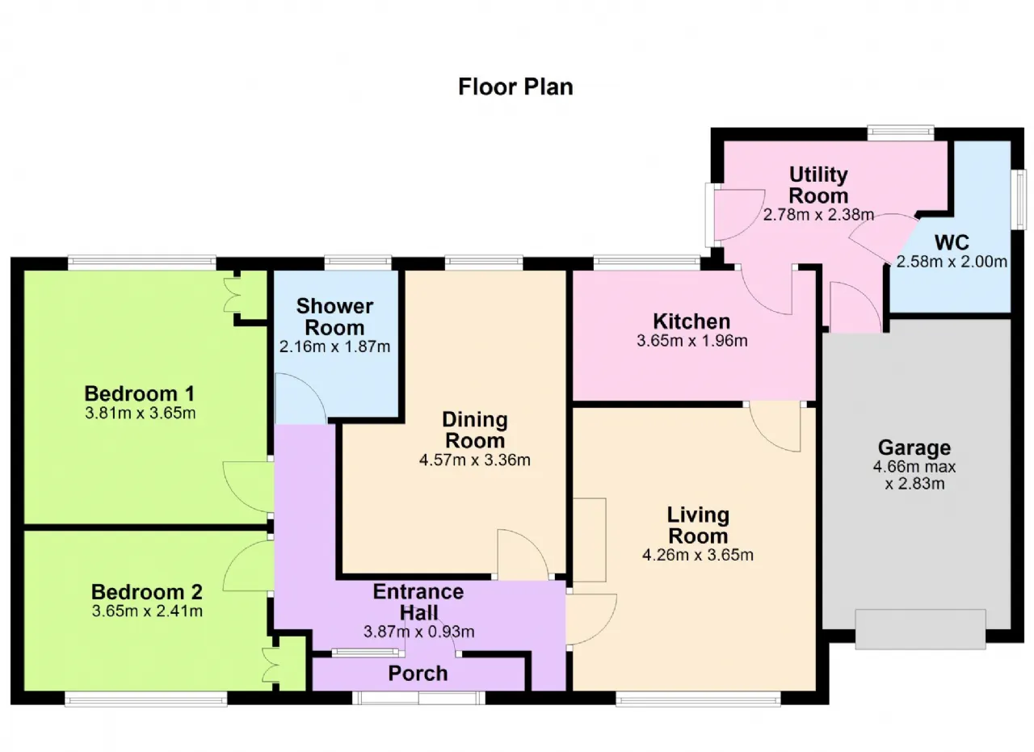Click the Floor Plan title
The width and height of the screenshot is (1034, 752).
(x=515, y=86)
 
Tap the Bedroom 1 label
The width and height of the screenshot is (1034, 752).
(x=140, y=394)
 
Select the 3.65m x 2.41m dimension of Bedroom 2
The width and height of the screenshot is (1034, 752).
(x=147, y=611)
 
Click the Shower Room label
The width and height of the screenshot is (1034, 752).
(x=334, y=317)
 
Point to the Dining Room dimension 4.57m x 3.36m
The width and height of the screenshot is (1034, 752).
(x=474, y=460)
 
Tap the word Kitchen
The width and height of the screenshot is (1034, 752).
(x=691, y=321)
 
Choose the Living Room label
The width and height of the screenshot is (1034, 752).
(x=698, y=525)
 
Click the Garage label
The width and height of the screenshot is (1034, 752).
(x=914, y=447)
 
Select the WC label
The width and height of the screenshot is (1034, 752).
(x=952, y=242)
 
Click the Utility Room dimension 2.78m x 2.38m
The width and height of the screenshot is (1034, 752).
(x=818, y=215)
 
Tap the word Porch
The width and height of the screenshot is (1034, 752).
(x=418, y=674)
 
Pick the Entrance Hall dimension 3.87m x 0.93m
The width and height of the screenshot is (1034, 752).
(x=418, y=632)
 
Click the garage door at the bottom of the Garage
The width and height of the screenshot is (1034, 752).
(x=920, y=629)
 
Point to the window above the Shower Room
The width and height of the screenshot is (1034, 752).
(x=358, y=263)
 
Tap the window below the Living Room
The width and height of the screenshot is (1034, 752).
(x=698, y=699)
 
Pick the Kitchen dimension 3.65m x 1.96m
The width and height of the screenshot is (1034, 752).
(x=692, y=341)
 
